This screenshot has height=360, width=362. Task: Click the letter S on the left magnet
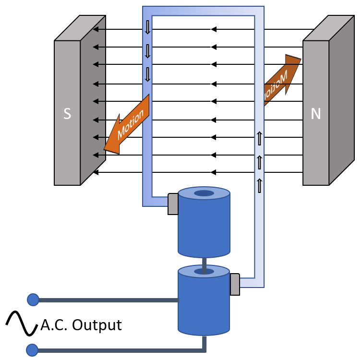67,114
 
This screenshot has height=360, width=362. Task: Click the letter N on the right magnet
315,114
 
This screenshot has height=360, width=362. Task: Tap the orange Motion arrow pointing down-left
126,126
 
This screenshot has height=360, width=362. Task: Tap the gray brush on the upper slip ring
173,204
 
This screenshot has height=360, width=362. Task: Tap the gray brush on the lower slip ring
235,284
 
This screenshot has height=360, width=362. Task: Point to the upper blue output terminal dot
33,300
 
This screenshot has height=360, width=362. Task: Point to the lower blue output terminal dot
32,350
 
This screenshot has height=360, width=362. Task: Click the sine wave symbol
22,324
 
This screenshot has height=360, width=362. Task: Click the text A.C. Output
81,325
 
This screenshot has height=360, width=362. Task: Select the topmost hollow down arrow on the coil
147,27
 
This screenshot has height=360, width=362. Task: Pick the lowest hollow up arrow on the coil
260,185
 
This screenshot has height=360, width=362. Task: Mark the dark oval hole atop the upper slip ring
204,193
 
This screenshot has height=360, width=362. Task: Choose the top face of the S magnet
80,28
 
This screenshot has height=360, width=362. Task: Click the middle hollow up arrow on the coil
260,162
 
